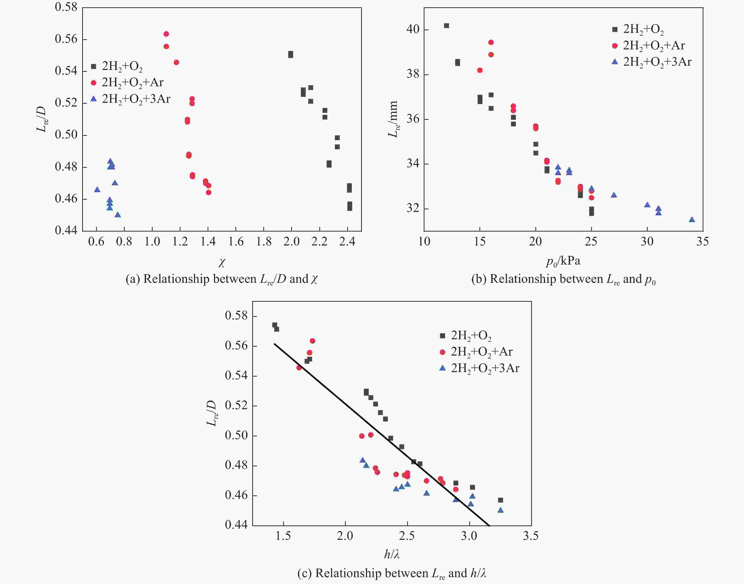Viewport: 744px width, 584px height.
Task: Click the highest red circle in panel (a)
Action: pos(166,34)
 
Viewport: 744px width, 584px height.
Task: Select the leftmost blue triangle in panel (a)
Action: pos(97,189)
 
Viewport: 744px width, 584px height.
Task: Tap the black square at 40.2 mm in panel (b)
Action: pos(446,26)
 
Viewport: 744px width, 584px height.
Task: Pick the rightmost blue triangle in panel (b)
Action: pos(692,219)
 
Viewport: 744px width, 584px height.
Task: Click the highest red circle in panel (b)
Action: pos(491,42)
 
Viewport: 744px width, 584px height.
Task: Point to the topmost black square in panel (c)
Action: pos(274,325)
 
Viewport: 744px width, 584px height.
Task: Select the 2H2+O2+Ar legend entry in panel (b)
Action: pos(649,45)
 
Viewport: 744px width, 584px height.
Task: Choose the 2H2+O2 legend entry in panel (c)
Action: pos(466,336)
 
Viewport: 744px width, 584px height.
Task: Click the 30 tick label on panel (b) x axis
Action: pos(647,242)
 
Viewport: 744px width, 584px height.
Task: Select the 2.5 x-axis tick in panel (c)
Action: pos(407,536)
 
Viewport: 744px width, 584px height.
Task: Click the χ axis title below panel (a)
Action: pos(222,262)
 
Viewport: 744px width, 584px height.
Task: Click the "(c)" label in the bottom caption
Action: pos(304,573)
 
